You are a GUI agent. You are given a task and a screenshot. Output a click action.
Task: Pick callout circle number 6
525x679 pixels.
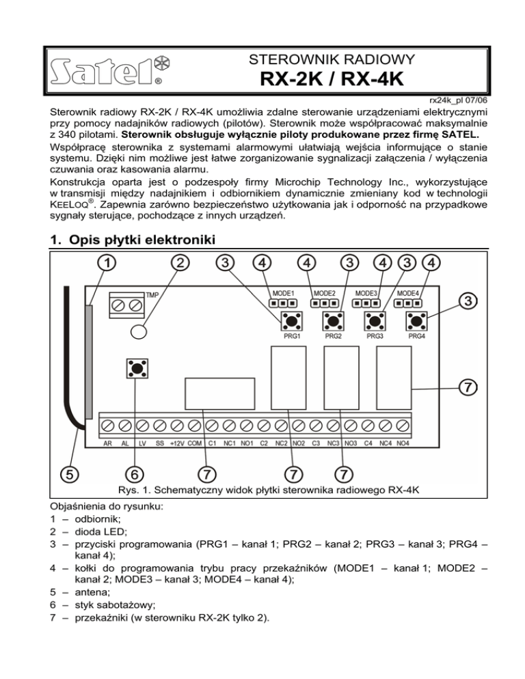point(135,473)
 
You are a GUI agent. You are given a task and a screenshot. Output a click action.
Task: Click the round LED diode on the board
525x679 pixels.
point(138,331)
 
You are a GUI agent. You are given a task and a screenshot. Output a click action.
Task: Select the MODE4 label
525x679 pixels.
point(409,292)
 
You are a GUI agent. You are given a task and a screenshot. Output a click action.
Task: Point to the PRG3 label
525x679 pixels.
point(375,336)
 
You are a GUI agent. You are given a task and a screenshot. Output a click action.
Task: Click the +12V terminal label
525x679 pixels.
point(177,443)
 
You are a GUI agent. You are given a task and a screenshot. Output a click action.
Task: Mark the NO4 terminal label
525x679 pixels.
point(403,443)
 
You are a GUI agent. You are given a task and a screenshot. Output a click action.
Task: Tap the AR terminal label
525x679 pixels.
point(108,443)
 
